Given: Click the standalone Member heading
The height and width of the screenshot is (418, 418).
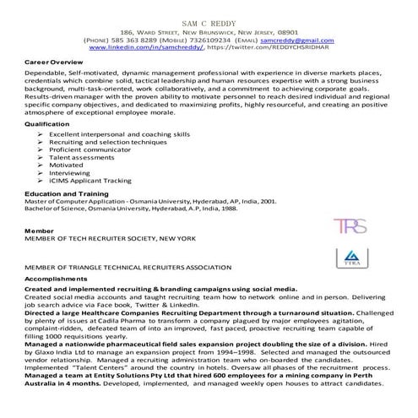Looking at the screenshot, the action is [39, 229].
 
